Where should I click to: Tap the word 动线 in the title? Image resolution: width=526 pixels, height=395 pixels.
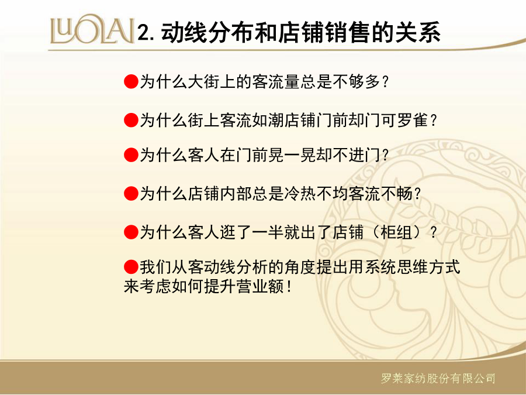pyautogui.click(x=184, y=32)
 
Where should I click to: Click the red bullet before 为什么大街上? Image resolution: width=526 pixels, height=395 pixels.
pyautogui.click(x=131, y=81)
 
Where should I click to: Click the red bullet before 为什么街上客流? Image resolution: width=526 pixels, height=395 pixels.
pyautogui.click(x=131, y=120)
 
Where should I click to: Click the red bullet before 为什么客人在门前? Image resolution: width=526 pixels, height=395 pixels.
pyautogui.click(x=131, y=155)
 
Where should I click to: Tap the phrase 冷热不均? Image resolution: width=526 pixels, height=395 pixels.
pyautogui.click(x=316, y=194)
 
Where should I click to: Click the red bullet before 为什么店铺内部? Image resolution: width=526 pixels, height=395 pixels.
pyautogui.click(x=131, y=194)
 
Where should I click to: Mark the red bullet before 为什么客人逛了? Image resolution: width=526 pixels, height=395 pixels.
pyautogui.click(x=131, y=232)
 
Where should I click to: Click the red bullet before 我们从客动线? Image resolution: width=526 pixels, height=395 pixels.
pyautogui.click(x=131, y=267)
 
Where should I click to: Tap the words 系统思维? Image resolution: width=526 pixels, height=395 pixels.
pyautogui.click(x=396, y=267)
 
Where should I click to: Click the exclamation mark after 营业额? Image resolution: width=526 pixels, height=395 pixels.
pyautogui.click(x=289, y=287)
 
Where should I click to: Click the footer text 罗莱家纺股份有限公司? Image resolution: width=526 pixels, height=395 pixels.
pyautogui.click(x=438, y=379)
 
